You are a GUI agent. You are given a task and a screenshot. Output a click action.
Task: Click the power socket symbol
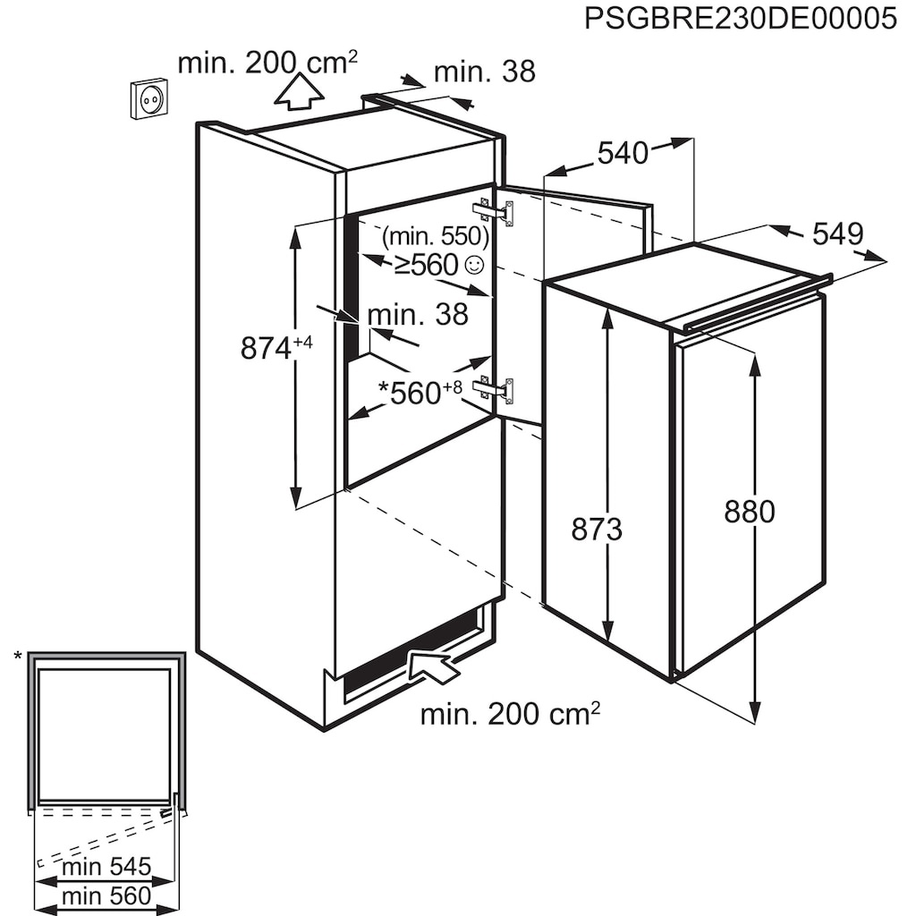click(x=149, y=98)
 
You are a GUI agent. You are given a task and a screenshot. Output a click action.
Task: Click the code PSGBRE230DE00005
click(x=740, y=19)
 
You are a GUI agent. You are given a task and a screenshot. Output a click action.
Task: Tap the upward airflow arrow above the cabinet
click(x=299, y=92)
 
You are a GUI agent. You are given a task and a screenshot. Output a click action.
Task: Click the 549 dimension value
click(x=837, y=234)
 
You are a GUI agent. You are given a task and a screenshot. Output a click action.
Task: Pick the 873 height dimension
click(x=597, y=530)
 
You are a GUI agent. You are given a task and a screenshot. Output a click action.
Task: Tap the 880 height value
click(x=749, y=512)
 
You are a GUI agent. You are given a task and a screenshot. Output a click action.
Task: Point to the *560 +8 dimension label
click(x=420, y=392)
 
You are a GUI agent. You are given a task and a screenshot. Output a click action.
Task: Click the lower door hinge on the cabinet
click(x=496, y=389)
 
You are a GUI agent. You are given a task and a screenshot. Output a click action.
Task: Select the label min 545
click(x=106, y=866)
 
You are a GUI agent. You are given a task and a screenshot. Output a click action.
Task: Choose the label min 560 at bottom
click(x=106, y=895)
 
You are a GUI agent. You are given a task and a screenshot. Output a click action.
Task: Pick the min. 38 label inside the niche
click(x=418, y=314)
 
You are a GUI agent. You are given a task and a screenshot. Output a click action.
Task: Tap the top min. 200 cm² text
click(x=267, y=64)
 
